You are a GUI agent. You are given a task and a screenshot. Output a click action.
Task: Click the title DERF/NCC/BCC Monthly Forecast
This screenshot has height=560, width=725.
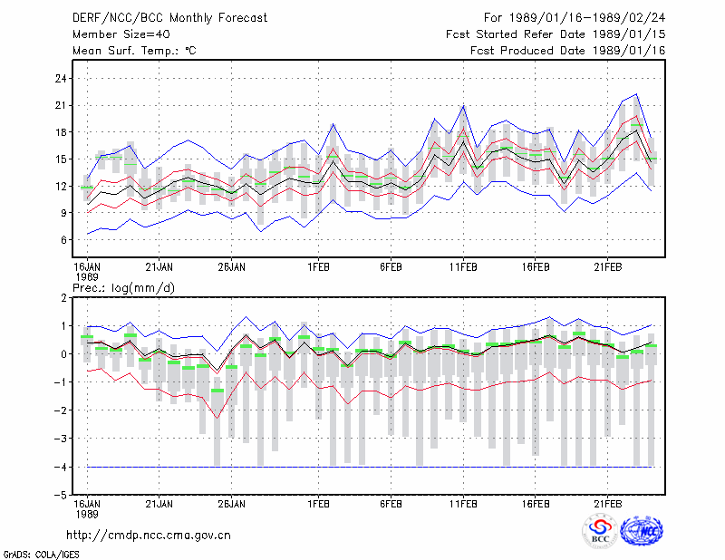click(169, 18)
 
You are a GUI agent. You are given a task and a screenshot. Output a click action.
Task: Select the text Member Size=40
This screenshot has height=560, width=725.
click(121, 34)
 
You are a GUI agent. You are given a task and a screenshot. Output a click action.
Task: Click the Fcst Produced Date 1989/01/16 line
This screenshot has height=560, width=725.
click(568, 51)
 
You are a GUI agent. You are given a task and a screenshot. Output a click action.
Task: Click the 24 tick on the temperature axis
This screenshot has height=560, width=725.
click(61, 79)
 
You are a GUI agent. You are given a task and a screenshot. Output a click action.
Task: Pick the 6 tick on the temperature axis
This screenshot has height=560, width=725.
click(63, 240)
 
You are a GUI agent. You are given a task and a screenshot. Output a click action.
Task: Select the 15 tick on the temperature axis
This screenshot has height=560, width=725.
click(61, 159)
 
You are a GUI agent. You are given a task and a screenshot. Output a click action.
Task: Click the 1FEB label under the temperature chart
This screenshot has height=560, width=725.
click(319, 267)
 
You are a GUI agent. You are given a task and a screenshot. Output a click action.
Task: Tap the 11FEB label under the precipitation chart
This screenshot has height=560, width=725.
click(463, 504)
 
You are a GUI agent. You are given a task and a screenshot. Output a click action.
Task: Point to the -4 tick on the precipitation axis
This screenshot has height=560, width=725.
click(60, 467)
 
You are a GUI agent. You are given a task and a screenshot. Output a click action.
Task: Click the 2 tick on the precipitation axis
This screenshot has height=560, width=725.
click(63, 298)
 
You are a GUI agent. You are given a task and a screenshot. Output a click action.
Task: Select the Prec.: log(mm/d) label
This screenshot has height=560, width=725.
click(123, 288)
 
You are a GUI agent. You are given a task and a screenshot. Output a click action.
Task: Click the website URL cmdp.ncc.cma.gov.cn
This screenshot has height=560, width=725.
click(149, 535)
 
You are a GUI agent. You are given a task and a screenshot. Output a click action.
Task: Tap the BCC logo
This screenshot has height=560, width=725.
click(600, 531)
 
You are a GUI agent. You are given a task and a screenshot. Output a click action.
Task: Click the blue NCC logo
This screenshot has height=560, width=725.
click(642, 531)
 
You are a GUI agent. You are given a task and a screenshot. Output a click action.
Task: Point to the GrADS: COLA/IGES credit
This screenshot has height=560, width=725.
click(42, 555)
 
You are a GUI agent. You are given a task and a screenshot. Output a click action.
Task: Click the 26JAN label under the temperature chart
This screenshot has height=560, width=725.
click(232, 267)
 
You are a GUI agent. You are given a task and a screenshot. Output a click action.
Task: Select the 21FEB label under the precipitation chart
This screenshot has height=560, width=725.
click(608, 504)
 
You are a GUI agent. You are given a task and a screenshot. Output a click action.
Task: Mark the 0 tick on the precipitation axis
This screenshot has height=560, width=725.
click(63, 354)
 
